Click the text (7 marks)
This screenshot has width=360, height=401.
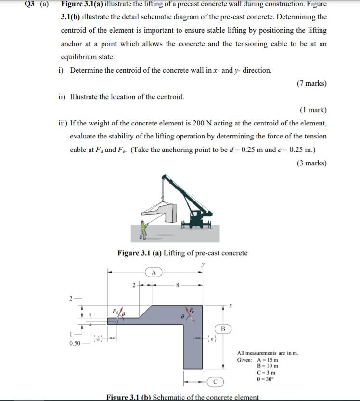coord(312,83)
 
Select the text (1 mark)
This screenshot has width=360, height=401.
coord(313,110)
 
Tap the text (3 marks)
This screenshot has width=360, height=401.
coord(312,163)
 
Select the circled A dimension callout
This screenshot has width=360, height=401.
coord(154,272)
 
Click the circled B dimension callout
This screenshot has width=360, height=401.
coord(223,329)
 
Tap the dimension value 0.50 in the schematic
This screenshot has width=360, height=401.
coord(75,343)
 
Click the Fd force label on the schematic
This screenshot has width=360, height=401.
coord(115,312)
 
